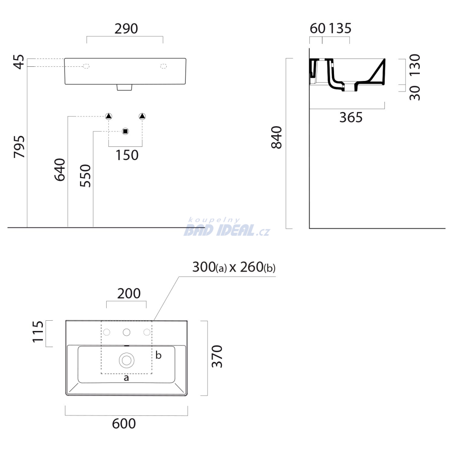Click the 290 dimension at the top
[x=126, y=29]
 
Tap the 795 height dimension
[x=19, y=147]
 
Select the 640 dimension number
[x=60, y=169]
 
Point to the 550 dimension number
[x=85, y=176]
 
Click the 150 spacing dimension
[x=127, y=155]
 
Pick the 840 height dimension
[x=276, y=138]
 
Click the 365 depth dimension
[x=351, y=118]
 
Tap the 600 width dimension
[x=124, y=424]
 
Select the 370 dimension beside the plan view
[x=217, y=356]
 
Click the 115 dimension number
[x=38, y=332]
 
